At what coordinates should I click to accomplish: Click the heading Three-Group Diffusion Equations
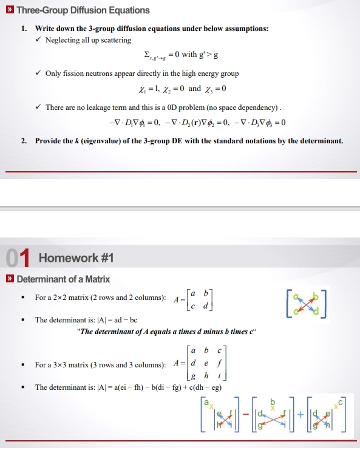(83, 10)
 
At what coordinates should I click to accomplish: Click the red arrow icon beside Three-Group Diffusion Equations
(9, 10)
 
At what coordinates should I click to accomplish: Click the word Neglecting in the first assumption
(64, 40)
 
